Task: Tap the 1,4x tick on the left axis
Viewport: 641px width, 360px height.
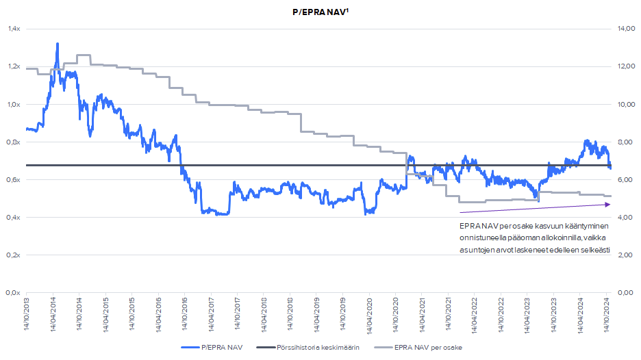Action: (14, 29)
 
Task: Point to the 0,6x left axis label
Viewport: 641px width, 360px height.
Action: (14, 179)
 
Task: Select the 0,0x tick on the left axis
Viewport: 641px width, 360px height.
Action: (14, 292)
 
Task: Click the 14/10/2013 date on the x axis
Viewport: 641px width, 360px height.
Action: (27, 316)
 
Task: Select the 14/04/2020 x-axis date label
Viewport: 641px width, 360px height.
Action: (369, 316)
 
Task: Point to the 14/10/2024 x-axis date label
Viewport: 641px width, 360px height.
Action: (607, 316)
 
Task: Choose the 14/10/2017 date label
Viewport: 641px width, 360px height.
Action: (238, 316)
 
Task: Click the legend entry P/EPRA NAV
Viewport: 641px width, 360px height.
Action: (220, 348)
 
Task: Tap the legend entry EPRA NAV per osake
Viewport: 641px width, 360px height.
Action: (428, 348)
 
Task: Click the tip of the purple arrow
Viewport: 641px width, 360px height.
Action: (609, 204)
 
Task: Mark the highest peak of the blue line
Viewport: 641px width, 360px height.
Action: (57, 44)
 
